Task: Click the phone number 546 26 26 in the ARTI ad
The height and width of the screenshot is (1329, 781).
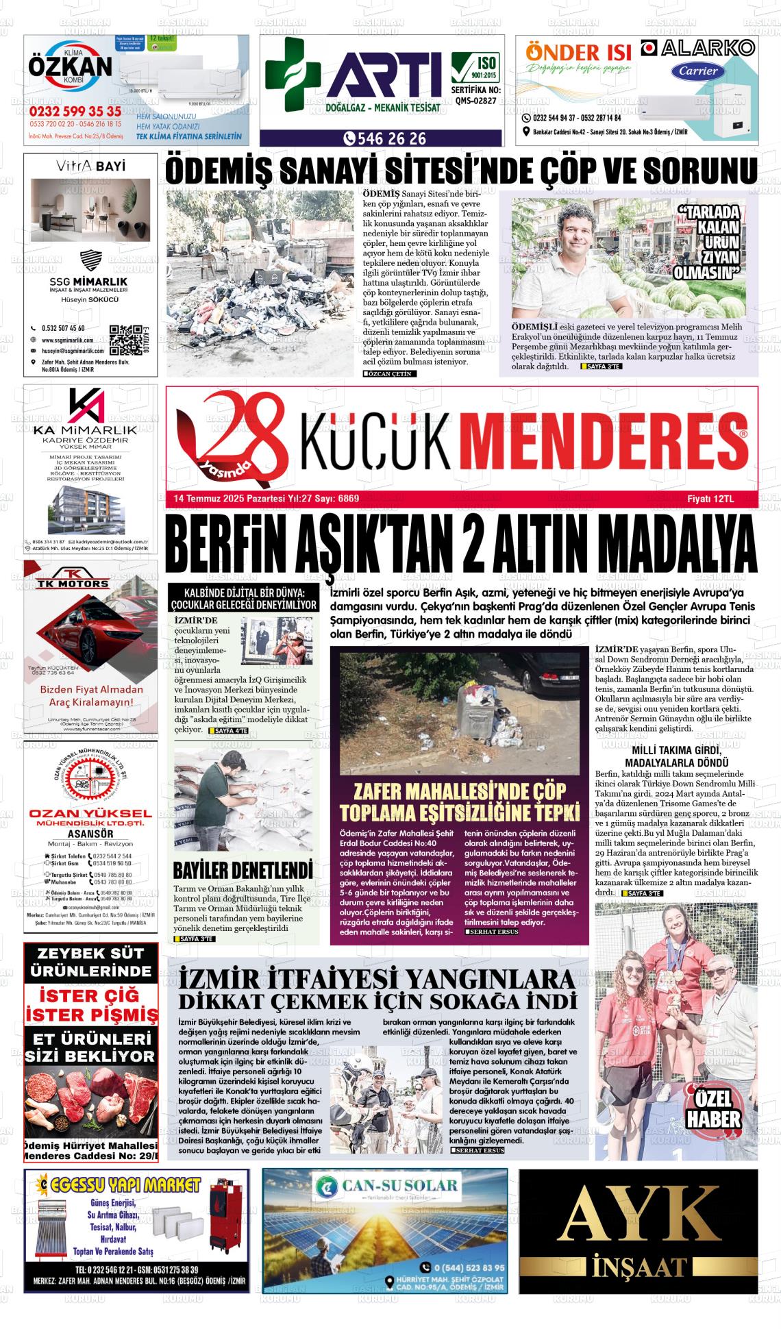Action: click(386, 138)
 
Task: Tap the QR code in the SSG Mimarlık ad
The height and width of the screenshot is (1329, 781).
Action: click(125, 338)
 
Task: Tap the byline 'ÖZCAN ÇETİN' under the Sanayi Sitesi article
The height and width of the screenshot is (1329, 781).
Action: click(389, 373)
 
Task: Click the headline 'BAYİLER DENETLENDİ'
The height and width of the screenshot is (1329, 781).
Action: click(243, 870)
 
